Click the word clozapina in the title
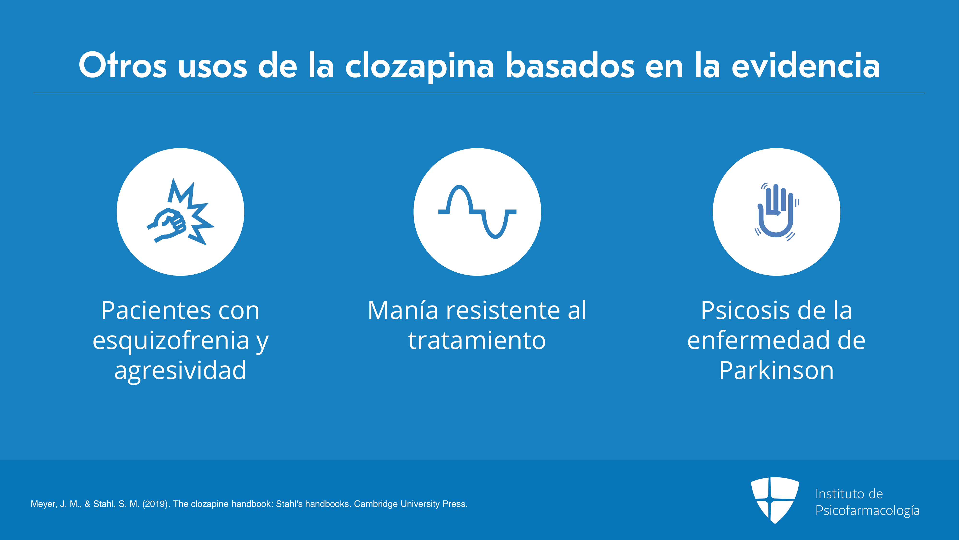point(419,66)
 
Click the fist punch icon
point(180,212)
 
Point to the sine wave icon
point(477,212)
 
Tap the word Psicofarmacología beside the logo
point(867,510)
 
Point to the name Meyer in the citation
point(44,504)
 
